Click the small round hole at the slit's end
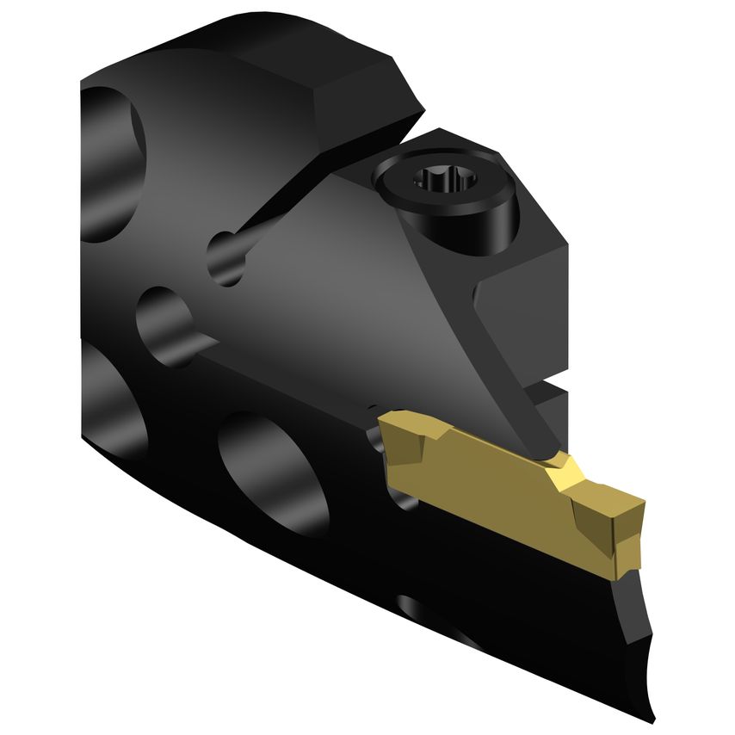[225, 256]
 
